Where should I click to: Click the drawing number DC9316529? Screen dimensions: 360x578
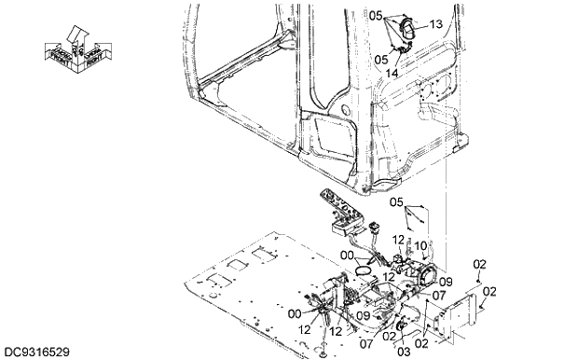(36, 351)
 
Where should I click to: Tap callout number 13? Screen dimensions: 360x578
(436, 25)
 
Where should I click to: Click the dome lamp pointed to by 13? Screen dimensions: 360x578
(407, 31)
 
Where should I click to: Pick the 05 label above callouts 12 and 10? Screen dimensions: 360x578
(395, 202)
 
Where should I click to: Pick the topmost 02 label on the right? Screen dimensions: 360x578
(479, 264)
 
